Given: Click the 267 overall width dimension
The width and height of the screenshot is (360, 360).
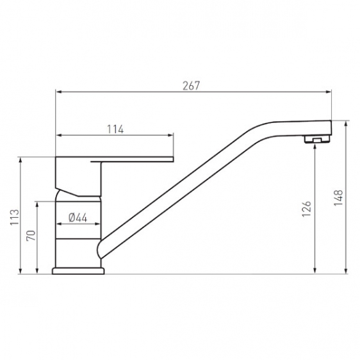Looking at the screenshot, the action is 192,86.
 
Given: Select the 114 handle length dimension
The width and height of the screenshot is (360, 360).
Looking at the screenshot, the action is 115,129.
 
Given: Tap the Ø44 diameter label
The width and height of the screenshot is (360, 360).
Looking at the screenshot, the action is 78,218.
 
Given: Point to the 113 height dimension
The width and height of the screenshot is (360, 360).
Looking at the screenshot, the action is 15,217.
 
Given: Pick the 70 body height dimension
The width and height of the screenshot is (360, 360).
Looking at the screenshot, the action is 31,235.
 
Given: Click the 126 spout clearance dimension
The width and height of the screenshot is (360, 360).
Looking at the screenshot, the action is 306,209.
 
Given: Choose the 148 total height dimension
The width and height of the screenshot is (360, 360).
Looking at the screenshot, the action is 338,198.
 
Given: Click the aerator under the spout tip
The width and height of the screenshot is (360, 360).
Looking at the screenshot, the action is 317,139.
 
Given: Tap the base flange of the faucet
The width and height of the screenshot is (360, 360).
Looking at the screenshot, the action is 78,271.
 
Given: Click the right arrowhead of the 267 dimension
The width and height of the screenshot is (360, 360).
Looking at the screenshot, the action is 329,92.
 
